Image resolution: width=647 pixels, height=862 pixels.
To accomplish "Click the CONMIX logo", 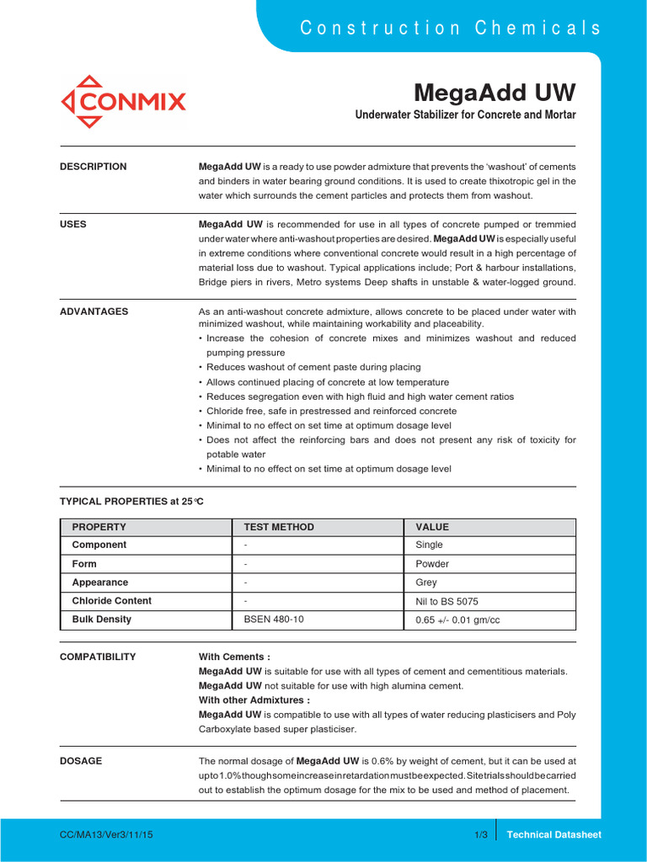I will click(123, 102).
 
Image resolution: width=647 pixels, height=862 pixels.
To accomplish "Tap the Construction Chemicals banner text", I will click(451, 28).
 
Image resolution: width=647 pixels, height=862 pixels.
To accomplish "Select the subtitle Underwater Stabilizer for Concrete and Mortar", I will click(465, 114).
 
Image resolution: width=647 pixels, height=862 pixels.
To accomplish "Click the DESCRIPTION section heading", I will click(94, 167).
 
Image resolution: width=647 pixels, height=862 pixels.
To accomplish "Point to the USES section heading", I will click(72, 225).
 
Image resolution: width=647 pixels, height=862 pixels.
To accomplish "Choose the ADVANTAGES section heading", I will click(94, 311).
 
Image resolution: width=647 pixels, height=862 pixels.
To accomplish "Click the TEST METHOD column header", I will click(279, 527).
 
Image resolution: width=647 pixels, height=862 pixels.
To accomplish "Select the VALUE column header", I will click(432, 527).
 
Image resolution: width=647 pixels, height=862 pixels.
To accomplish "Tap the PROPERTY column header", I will click(99, 527).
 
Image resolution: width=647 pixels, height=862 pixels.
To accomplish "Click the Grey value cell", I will click(427, 583).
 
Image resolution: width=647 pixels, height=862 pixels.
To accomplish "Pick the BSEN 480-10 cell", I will click(274, 620).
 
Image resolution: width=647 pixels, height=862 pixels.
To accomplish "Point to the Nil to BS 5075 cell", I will click(449, 601).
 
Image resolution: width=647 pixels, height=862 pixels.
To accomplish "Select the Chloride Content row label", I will click(112, 601).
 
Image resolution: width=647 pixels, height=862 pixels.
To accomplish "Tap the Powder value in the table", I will click(432, 564).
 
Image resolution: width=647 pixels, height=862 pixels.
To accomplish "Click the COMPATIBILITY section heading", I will click(98, 657).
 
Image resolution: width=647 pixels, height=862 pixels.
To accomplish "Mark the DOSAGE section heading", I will click(81, 761).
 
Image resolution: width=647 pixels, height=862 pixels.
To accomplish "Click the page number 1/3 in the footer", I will click(481, 834).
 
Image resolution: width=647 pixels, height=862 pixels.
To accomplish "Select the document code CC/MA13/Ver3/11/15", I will click(106, 834).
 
